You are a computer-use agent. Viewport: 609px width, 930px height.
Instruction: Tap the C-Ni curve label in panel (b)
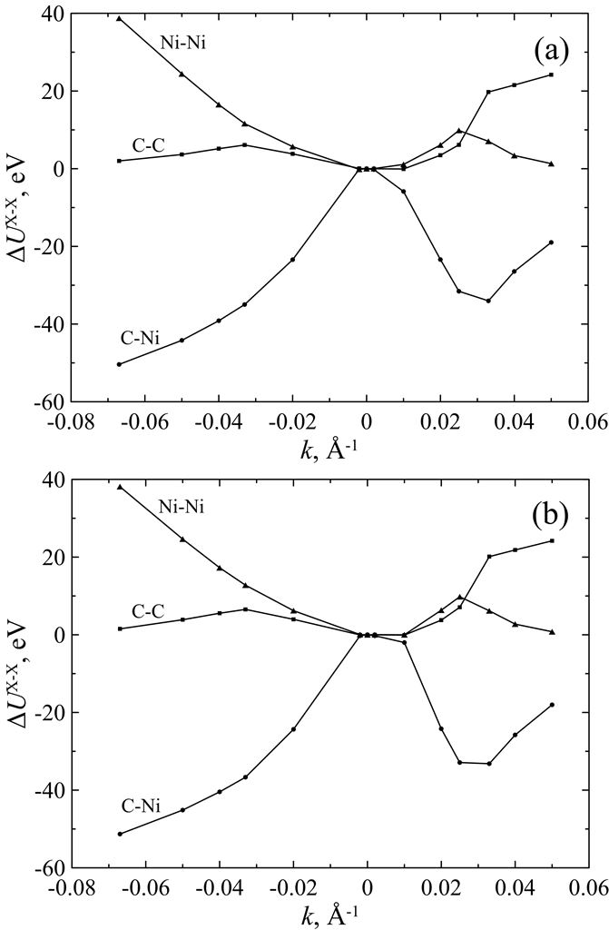pos(140,805)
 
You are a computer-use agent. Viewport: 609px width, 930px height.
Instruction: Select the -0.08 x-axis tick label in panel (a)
pos(74,421)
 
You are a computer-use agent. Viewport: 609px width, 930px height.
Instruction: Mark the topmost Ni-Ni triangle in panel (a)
pos(119,18)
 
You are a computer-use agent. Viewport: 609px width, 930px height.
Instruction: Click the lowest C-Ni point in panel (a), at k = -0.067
pos(119,364)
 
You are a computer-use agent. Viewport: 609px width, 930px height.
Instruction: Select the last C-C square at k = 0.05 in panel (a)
pos(551,74)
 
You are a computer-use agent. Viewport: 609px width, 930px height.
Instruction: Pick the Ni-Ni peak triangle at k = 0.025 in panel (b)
pos(459,597)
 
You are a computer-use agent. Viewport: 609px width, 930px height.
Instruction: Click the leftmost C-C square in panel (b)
pos(119,628)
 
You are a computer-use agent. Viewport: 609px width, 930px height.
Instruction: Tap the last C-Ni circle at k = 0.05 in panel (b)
pos(551,705)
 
